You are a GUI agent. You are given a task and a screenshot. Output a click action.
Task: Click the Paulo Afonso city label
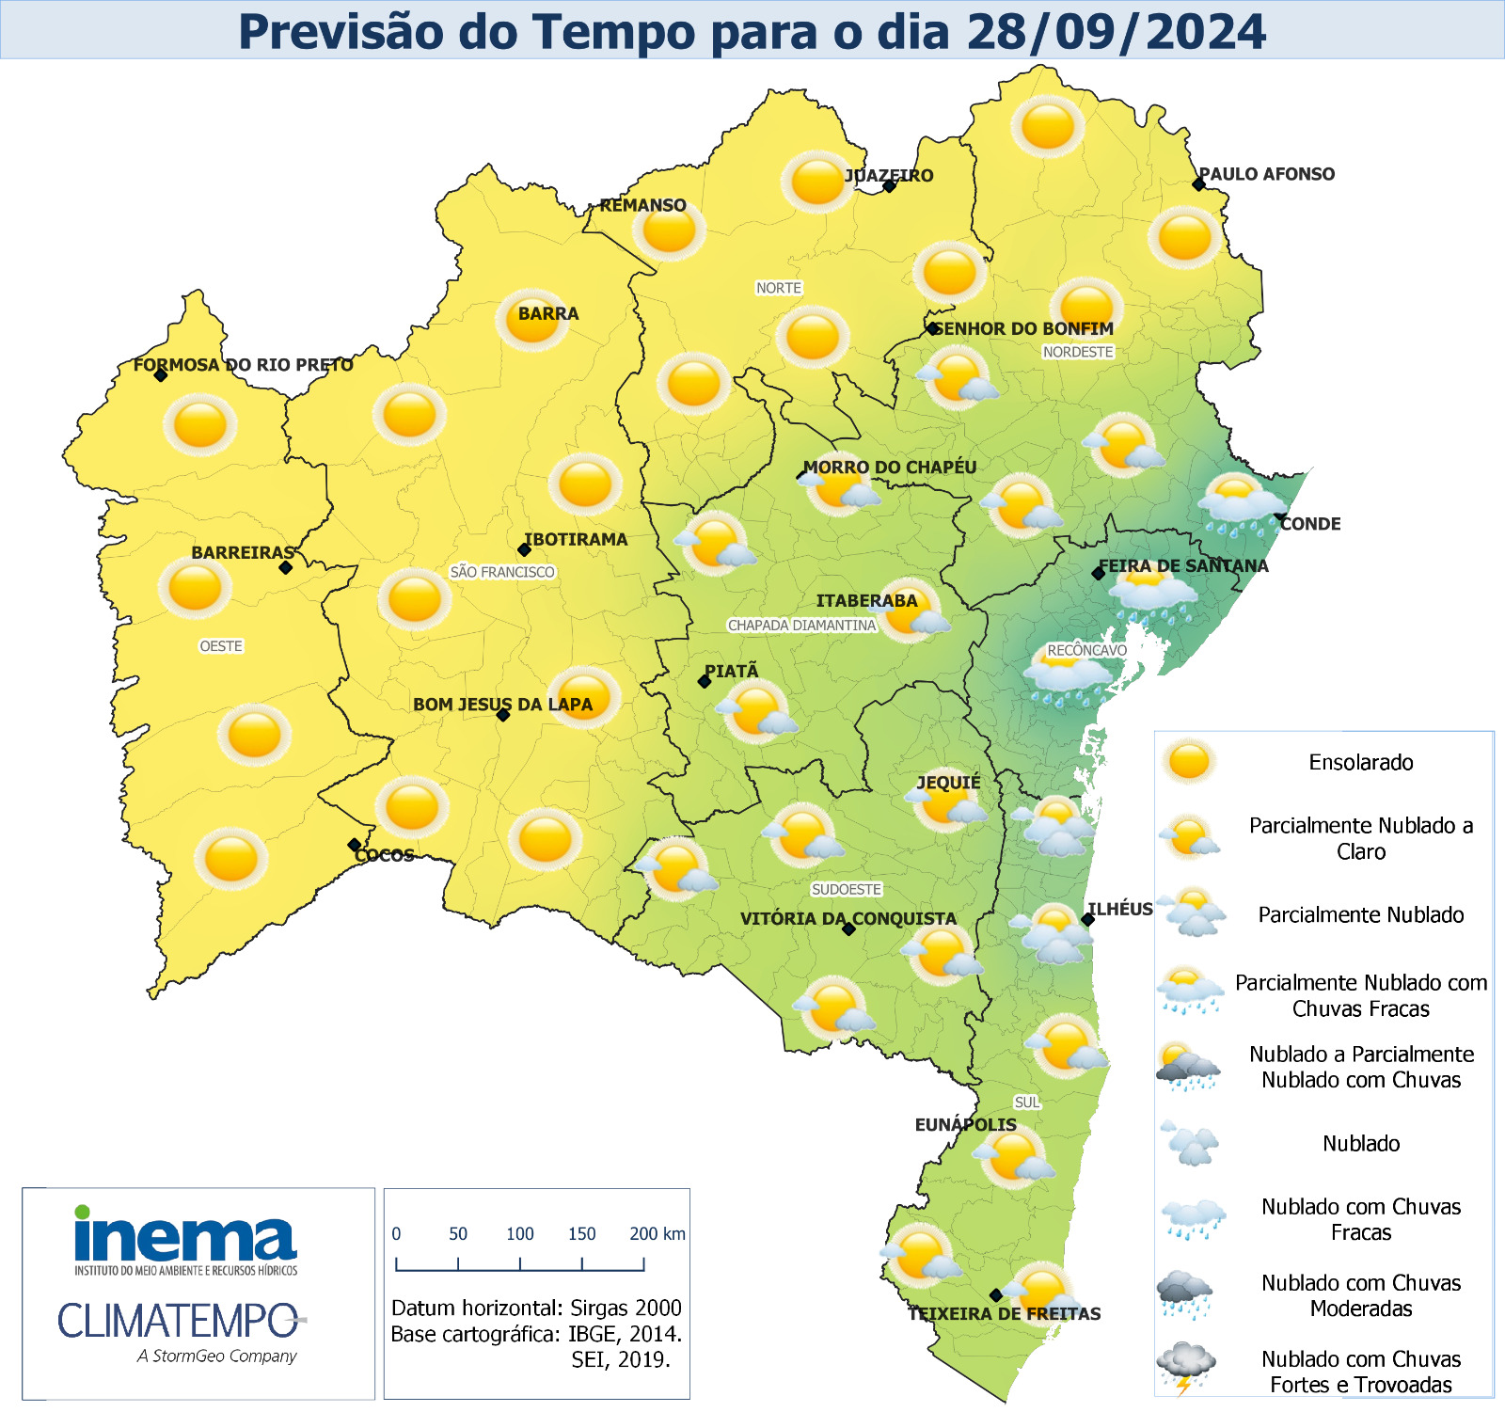(x=1266, y=174)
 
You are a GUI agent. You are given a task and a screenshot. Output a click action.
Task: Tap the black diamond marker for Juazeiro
(x=889, y=186)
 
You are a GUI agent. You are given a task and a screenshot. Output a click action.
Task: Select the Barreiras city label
(x=243, y=552)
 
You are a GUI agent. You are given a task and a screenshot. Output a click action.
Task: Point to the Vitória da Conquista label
(x=848, y=918)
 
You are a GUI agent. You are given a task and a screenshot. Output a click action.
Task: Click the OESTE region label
(x=221, y=646)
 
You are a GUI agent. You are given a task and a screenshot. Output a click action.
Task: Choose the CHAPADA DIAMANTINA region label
(x=801, y=625)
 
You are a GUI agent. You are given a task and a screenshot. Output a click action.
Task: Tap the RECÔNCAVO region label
(x=1086, y=650)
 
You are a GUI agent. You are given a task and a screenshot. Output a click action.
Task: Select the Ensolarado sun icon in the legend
(x=1188, y=761)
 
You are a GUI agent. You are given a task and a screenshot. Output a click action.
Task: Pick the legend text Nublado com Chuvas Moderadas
(x=1360, y=1295)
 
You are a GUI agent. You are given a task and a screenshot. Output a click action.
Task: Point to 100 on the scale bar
(x=519, y=1233)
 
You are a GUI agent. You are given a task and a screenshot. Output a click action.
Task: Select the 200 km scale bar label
(x=657, y=1233)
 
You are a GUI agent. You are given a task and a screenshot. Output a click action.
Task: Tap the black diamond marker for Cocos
(x=354, y=845)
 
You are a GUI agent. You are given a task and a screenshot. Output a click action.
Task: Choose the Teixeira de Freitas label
(x=1004, y=1313)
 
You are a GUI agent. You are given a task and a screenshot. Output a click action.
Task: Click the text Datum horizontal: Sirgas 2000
(x=536, y=1308)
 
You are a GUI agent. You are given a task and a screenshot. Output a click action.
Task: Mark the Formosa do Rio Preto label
(x=243, y=365)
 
